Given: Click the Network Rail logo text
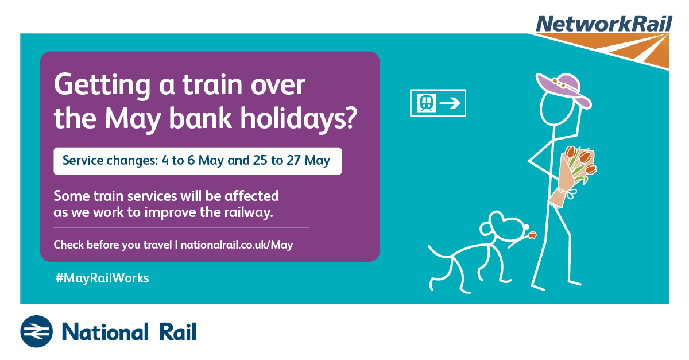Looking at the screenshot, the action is [604, 24].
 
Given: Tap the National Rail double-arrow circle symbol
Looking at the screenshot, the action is [36, 331].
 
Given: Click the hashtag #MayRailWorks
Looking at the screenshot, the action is [102, 278].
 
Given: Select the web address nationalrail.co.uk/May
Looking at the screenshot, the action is [237, 245].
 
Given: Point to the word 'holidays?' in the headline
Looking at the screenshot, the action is [299, 118].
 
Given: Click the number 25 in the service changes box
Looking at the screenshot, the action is [260, 160].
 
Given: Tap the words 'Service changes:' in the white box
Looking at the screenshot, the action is [110, 160].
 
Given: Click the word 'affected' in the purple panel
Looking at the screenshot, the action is [251, 196].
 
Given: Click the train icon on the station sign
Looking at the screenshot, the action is [426, 103].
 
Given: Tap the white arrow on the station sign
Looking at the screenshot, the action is [450, 103].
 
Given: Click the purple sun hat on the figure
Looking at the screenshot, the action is [563, 89].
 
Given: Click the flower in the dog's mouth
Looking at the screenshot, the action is [532, 235].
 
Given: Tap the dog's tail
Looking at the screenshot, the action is [439, 253].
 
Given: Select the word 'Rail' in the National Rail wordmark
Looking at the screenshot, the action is [177, 332].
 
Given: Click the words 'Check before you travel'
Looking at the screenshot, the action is [113, 245].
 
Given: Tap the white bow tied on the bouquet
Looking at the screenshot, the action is [570, 193].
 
